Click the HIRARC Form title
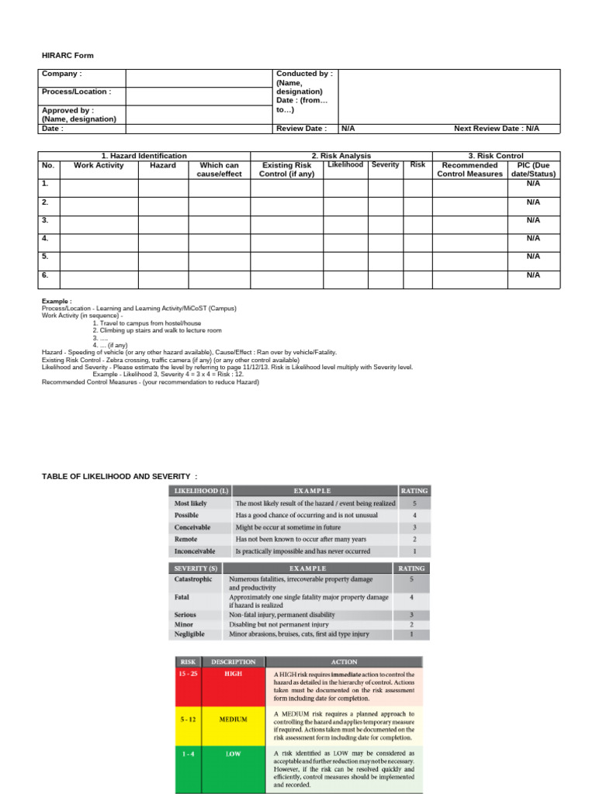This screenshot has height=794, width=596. (x=68, y=56)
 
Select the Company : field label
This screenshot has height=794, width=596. (x=62, y=74)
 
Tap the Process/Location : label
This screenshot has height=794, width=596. (x=77, y=91)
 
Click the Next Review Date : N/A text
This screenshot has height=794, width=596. (x=496, y=129)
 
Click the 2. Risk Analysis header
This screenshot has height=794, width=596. (x=341, y=156)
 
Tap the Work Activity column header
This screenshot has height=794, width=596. (x=99, y=165)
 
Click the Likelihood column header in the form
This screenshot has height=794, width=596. (x=345, y=165)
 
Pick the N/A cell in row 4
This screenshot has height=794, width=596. (x=532, y=238)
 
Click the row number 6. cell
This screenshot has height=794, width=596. (x=46, y=274)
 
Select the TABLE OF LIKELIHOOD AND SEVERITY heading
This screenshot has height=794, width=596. (x=120, y=475)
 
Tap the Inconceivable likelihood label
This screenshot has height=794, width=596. (x=195, y=551)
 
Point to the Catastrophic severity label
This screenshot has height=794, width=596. (x=194, y=579)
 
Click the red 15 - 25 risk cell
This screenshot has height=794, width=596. (x=187, y=675)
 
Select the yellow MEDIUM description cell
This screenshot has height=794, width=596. (x=233, y=719)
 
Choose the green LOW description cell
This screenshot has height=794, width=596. (x=233, y=754)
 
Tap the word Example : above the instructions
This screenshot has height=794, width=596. (x=57, y=302)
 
